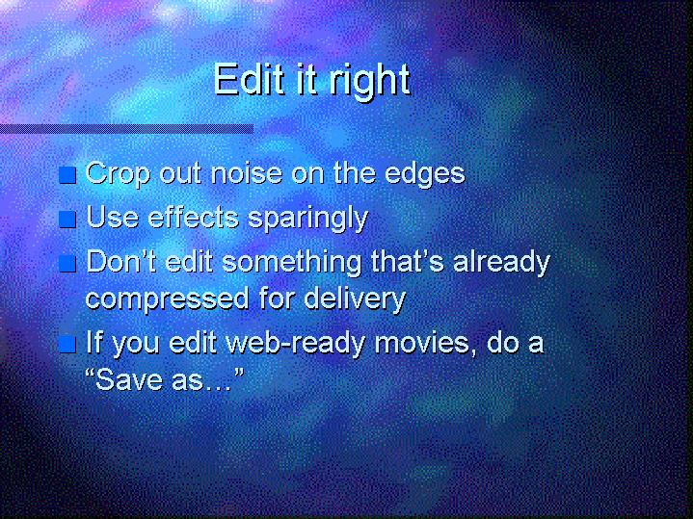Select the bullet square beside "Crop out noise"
67,175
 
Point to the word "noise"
246,172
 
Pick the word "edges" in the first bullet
425,174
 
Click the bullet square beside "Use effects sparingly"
67,220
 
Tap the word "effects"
193,217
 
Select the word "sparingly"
307,220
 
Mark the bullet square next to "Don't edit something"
67,264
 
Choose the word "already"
501,263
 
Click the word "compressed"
167,299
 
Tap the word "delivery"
355,299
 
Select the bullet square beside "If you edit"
67,344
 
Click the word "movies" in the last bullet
423,343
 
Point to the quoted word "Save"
129,380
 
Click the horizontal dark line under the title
126,129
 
